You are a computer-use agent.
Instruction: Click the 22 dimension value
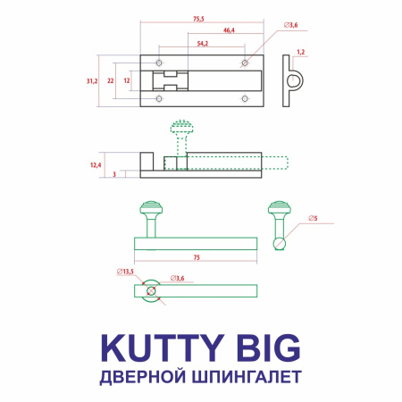110,80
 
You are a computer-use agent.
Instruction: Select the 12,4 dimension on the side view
96,164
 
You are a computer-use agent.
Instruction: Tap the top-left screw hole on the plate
159,64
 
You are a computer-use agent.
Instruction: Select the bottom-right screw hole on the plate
244,98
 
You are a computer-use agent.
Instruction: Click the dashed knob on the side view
182,129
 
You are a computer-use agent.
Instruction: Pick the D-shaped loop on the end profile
294,81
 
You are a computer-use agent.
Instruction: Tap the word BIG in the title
266,346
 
